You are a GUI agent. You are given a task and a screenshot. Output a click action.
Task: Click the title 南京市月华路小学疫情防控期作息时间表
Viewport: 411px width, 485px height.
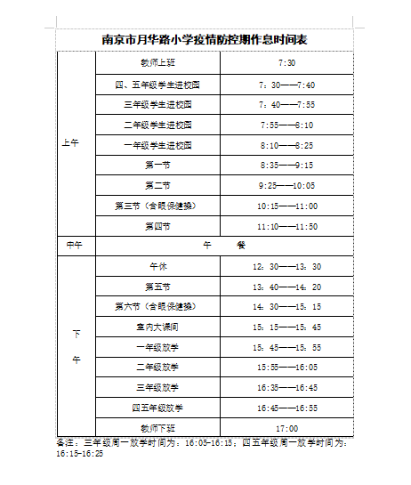[x=205, y=39]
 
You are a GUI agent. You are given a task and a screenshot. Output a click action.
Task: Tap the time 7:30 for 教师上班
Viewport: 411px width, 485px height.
[x=286, y=64]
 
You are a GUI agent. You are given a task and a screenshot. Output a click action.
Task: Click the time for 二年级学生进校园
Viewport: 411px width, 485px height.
[x=286, y=125]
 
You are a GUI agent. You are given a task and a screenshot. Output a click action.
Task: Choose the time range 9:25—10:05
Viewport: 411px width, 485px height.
[x=286, y=186]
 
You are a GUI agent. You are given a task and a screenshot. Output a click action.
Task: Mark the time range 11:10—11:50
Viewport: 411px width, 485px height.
[x=286, y=226]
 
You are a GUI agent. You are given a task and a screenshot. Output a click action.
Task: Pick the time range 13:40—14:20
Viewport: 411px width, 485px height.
[x=286, y=286]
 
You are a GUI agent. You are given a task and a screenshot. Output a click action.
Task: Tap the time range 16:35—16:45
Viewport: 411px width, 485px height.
[x=286, y=387]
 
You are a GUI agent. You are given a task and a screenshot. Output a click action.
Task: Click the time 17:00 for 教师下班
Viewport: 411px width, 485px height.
[x=286, y=428]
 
